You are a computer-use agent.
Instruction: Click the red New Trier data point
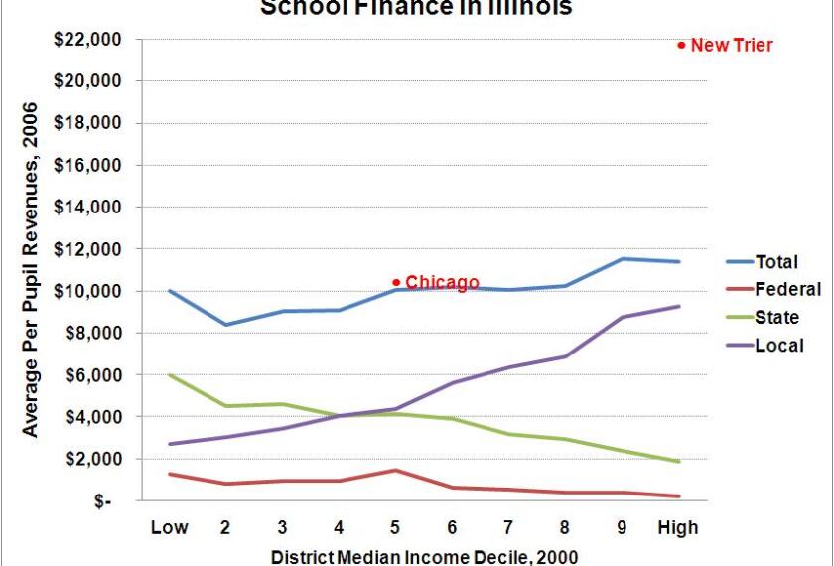click(x=681, y=45)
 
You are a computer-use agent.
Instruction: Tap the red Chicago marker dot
click(x=396, y=282)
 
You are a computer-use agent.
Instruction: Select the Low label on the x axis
click(x=170, y=527)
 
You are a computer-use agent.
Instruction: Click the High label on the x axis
click(x=679, y=527)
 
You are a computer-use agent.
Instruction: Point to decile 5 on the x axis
click(x=395, y=527)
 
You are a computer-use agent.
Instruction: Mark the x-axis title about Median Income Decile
click(x=424, y=556)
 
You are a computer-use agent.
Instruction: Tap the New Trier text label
click(x=732, y=45)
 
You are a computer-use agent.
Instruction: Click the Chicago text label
click(x=442, y=282)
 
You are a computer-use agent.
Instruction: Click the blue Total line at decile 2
click(x=226, y=325)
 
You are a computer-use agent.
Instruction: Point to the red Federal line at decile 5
click(x=395, y=470)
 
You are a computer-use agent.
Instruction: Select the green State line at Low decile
click(x=170, y=375)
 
